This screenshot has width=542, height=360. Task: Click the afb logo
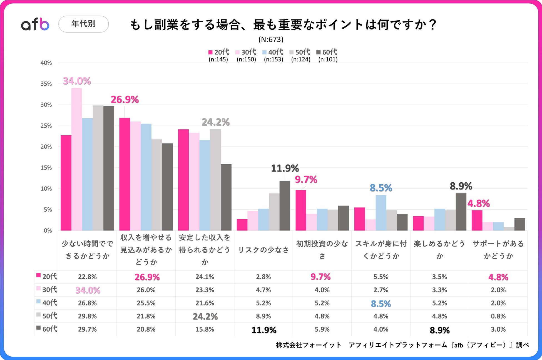tap(35, 24)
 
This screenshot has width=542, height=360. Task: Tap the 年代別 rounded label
tap(83, 24)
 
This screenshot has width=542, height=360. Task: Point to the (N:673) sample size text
tap(271, 39)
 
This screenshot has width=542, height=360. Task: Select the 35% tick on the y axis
tap(46, 84)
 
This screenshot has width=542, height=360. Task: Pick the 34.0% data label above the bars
tap(77, 81)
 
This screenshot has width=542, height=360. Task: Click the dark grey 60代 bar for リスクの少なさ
tap(285, 205)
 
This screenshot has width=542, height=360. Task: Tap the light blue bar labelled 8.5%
tap(381, 213)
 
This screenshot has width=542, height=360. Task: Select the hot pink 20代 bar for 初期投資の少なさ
tap(301, 210)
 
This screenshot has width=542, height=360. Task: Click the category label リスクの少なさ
tap(263, 250)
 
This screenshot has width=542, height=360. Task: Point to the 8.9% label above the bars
tap(461, 186)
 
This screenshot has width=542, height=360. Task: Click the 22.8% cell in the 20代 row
tap(87, 277)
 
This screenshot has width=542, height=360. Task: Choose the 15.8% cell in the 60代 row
tap(205, 329)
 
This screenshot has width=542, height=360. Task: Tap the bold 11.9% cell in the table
tap(264, 330)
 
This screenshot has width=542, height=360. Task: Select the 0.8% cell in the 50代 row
tap(498, 316)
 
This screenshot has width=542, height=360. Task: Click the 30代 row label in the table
tap(47, 290)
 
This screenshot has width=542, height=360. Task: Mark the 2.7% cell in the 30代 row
tap(381, 290)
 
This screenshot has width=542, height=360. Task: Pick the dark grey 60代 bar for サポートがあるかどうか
tap(519, 224)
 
